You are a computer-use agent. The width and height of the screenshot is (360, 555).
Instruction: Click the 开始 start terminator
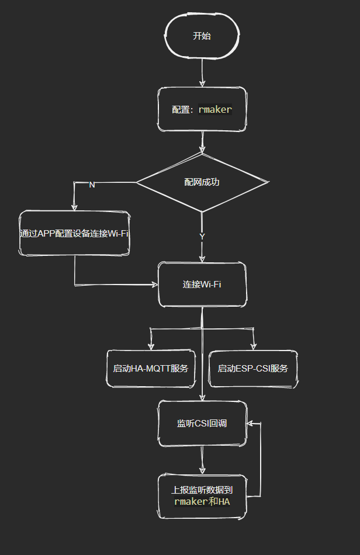point(202,36)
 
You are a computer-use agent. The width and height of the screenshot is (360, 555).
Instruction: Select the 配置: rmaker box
point(202,109)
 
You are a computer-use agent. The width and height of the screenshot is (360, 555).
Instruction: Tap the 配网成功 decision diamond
point(202,182)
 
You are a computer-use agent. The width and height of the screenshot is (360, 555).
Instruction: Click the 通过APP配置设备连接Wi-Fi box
point(74,233)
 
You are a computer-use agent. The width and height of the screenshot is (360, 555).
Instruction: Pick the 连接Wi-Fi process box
point(202,285)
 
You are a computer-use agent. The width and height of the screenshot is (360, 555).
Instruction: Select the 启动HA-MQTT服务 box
point(151,369)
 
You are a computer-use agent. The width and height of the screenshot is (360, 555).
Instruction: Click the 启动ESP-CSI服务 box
point(253,369)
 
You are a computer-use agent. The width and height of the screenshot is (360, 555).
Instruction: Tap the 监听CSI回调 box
point(202,424)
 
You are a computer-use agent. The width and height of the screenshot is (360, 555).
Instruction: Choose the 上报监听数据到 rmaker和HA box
point(202,496)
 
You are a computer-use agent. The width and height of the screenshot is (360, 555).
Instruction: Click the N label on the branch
point(92,185)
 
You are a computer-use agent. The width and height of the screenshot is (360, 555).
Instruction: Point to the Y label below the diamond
point(202,237)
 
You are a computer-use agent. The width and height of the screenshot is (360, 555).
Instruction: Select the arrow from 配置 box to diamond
point(202,142)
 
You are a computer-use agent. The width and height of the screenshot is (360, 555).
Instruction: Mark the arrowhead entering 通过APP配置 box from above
point(74,206)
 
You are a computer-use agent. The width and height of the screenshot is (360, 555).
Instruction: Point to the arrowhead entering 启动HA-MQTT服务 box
point(151,346)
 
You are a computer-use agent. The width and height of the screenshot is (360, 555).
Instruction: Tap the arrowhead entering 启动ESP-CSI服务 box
point(253,346)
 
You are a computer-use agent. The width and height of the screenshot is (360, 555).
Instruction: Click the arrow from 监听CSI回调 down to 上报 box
point(202,460)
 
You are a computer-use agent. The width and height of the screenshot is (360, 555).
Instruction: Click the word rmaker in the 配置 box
point(215,109)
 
